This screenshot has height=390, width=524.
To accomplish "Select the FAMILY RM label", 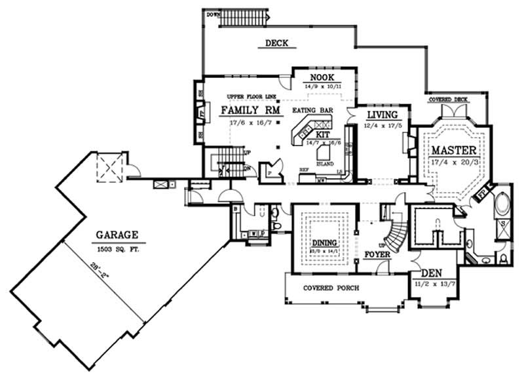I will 250,110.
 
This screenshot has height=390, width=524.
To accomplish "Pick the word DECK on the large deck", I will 276,45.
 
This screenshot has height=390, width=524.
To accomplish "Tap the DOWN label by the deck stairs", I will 213,14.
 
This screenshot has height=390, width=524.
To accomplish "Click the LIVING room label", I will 382,115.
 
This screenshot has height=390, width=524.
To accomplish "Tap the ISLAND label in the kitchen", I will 325,163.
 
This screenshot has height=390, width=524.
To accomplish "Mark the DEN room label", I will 430,274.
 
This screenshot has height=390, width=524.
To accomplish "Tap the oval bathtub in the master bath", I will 502,205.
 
